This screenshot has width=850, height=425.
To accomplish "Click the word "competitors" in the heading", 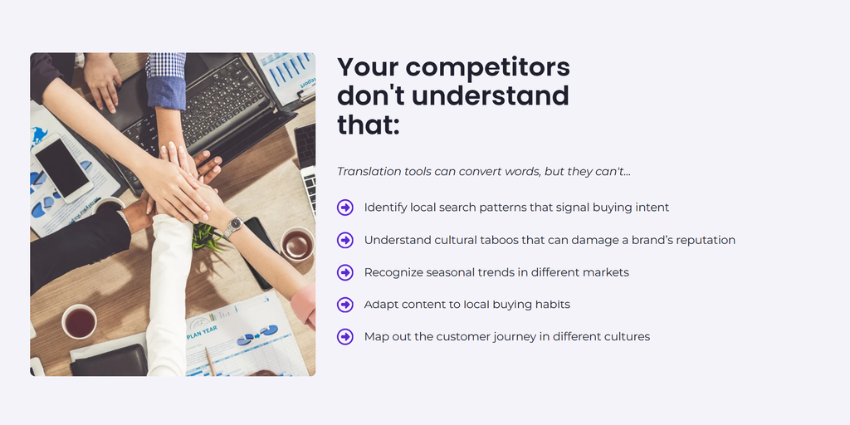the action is tap(487, 68).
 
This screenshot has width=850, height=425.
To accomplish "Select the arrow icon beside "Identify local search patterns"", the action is tap(344, 207).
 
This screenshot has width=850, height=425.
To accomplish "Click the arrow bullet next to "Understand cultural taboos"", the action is tap(344, 240).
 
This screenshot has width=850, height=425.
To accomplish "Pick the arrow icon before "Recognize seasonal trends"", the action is tap(344, 272).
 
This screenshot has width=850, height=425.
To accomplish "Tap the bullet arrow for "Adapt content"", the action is tap(344, 305).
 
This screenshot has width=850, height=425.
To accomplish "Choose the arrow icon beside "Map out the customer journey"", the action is tap(344, 337).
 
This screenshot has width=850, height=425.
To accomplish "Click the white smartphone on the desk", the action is tap(63, 168).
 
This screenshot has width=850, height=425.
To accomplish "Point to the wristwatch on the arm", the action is tap(233, 226).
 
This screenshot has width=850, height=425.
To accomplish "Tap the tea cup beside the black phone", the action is tap(297, 245).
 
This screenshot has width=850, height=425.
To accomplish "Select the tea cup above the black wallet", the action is tap(79, 322).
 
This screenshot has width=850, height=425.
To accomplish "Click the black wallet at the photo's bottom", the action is tap(109, 360).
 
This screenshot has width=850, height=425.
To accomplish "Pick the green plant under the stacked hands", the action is tap(204, 236).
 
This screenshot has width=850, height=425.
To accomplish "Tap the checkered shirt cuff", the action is tap(165, 65).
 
